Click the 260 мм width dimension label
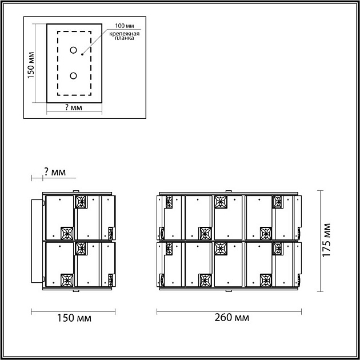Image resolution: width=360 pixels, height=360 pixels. click(x=229, y=318)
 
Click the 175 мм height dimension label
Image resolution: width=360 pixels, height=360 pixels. click(x=327, y=241)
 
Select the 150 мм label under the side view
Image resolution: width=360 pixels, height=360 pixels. click(x=74, y=318)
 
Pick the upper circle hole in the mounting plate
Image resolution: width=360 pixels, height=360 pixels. click(x=73, y=50)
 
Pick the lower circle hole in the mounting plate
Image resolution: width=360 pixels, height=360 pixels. click(x=73, y=75)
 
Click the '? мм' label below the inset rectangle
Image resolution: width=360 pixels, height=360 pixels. click(x=74, y=107)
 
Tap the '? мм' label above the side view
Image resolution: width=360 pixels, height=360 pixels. click(x=54, y=172)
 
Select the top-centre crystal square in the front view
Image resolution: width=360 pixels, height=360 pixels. click(x=221, y=201)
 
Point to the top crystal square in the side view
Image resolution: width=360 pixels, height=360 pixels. click(x=81, y=201)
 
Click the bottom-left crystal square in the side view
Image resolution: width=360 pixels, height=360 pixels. click(x=67, y=280)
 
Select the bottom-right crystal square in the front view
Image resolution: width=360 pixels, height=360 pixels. click(x=266, y=280)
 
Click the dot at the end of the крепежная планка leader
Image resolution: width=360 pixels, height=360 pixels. click(x=82, y=55)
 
